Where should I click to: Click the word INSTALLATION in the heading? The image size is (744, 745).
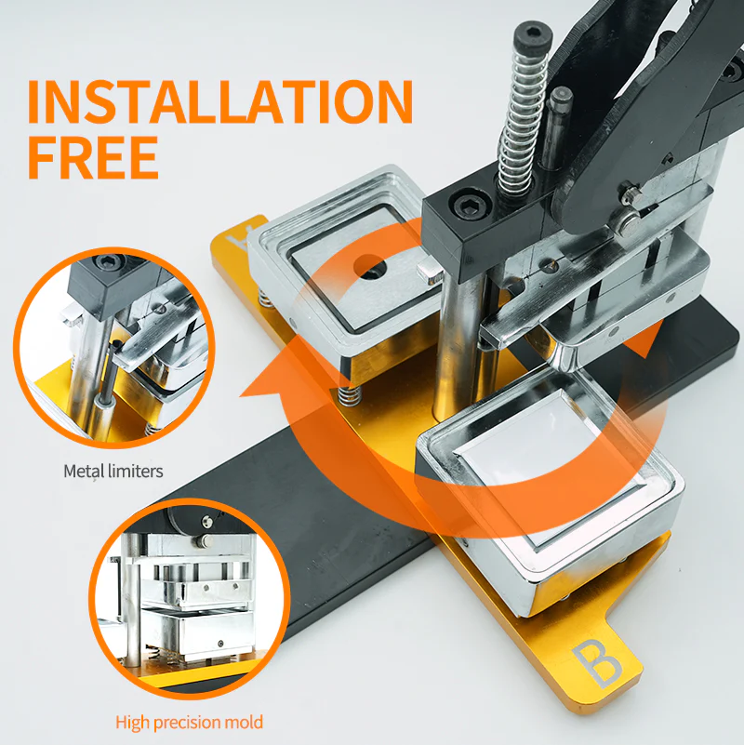coord(220,101)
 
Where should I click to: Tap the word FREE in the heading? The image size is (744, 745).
coord(93,157)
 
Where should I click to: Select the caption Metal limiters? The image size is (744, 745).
coord(113,472)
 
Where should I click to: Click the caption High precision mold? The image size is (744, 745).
coord(189,722)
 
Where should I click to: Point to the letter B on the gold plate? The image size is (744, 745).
coord(597,664)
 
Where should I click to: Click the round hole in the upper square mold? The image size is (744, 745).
coord(370,267)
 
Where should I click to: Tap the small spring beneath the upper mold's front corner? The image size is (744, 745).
coord(351,395)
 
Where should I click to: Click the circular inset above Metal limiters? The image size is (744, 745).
coord(113,347)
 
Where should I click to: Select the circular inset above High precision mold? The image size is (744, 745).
coord(189,598)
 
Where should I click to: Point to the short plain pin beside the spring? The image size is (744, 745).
coord(556,129)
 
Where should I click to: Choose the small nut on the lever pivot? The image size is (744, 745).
coord(631,193)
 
